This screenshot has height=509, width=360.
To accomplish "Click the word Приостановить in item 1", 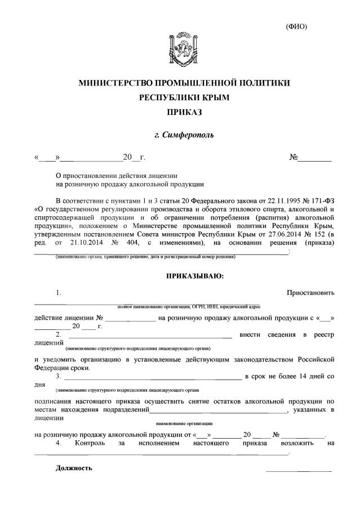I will [311, 293].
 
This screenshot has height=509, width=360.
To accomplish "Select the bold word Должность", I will [74, 468].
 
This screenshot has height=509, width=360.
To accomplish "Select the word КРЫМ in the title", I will [216, 98].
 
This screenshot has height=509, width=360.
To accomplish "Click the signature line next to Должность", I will [299, 470].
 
